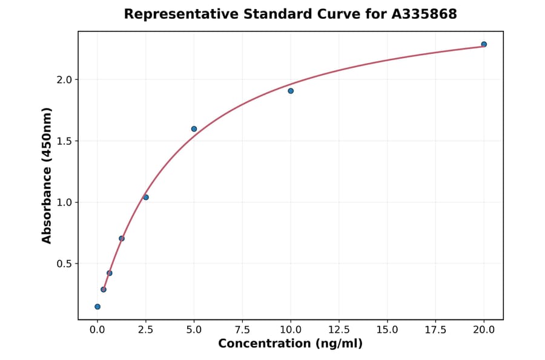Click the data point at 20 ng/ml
pyautogui.click(x=484, y=44)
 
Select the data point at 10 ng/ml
pyautogui.click(x=291, y=91)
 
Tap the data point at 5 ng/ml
pyautogui.click(x=194, y=129)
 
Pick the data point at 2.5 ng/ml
pyautogui.click(x=146, y=197)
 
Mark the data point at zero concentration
pyautogui.click(x=97, y=307)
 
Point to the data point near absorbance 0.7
pyautogui.click(x=122, y=238)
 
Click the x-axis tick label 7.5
pyautogui.click(x=242, y=330)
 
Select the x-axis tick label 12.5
pyautogui.click(x=339, y=330)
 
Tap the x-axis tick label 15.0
pyautogui.click(x=387, y=330)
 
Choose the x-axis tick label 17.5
pyautogui.click(x=435, y=330)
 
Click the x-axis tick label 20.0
pyautogui.click(x=484, y=330)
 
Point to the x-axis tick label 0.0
pyautogui.click(x=97, y=330)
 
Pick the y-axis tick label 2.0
pyautogui.click(x=64, y=80)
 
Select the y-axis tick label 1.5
pyautogui.click(x=64, y=141)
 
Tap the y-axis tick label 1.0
pyautogui.click(x=64, y=202)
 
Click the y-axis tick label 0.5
pyautogui.click(x=64, y=264)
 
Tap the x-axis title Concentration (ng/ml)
pyautogui.click(x=290, y=344)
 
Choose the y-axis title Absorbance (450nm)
pyautogui.click(x=47, y=175)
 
